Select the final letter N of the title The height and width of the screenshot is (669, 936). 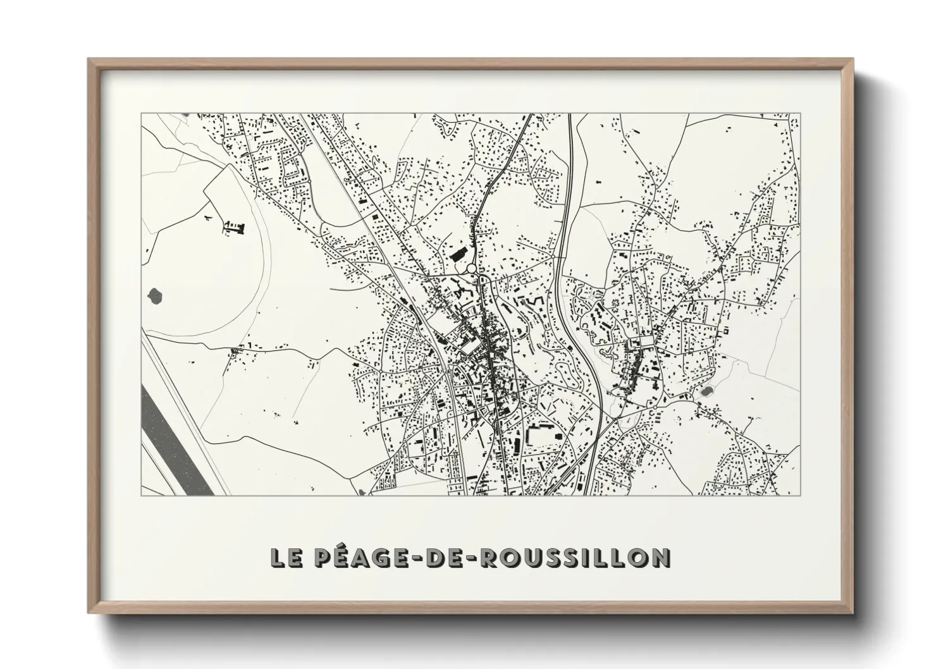pyautogui.click(x=660, y=558)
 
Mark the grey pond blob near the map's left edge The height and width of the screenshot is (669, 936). pyautogui.click(x=154, y=294)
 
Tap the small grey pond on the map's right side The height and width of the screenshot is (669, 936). pyautogui.click(x=706, y=391)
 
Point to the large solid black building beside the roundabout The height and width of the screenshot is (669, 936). pyautogui.click(x=457, y=255)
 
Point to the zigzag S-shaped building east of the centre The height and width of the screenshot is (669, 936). pyautogui.click(x=539, y=302)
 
